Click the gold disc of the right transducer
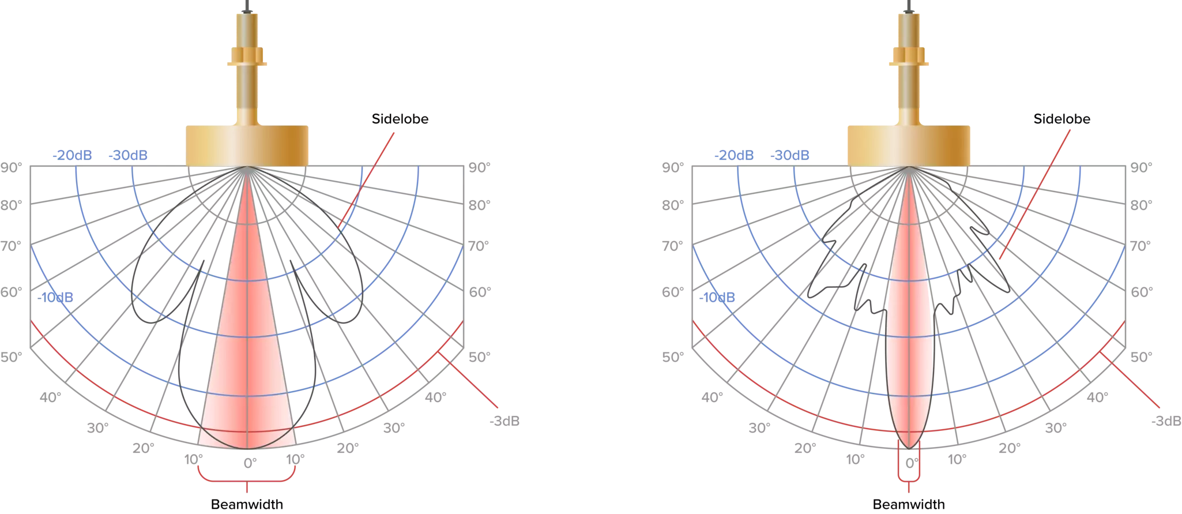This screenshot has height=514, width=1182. [908, 148]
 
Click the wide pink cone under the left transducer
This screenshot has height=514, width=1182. [247, 346]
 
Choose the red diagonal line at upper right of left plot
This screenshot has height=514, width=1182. [369, 179]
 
